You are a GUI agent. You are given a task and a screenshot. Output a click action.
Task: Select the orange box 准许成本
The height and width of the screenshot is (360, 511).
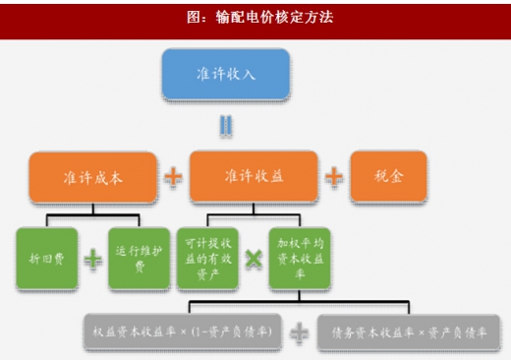(92, 176)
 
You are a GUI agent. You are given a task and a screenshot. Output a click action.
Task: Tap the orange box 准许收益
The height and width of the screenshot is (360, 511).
(255, 176)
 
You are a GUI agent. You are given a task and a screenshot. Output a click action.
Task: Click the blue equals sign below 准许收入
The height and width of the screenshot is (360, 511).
(226, 126)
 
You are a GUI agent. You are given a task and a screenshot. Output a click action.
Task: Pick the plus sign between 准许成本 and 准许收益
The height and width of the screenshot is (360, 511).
(174, 177)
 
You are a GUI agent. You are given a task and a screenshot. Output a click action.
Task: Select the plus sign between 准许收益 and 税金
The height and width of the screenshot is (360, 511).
(334, 177)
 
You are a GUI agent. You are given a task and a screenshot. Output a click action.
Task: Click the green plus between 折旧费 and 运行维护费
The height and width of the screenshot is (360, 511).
(92, 259)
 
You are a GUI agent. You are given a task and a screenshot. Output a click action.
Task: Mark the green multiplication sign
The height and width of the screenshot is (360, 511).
(254, 259)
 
